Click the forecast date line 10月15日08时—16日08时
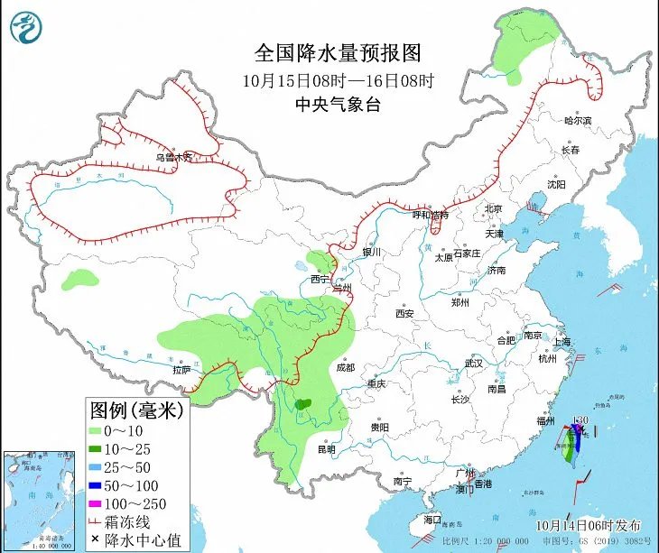point(339,80)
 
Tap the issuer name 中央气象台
point(339,105)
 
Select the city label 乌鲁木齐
point(173,157)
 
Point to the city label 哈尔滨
point(577,120)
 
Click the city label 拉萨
point(181,369)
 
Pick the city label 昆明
point(325,448)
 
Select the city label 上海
point(562,342)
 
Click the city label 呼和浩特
point(431,216)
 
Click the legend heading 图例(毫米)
point(136,411)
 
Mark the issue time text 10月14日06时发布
point(587,525)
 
